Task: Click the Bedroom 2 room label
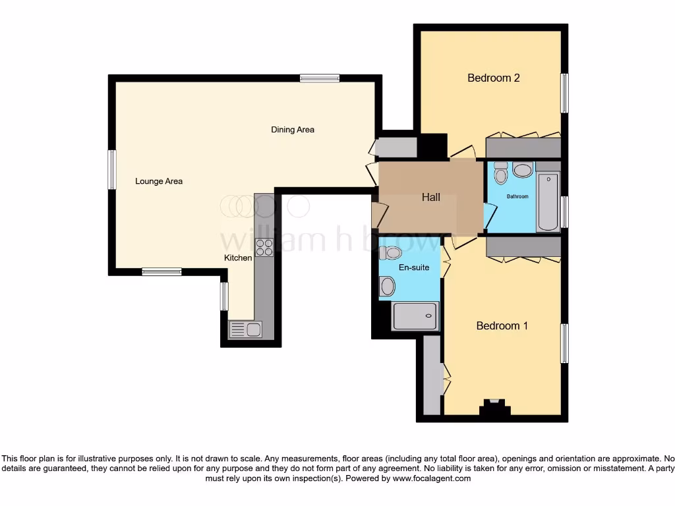[494, 78]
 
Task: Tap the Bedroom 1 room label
[502, 325]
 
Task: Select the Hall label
[431, 197]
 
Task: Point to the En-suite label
[415, 267]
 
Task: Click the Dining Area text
[293, 129]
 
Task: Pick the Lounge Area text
[159, 181]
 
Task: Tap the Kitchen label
[238, 258]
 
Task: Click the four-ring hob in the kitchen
[264, 247]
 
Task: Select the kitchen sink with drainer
[245, 329]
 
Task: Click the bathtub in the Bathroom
[548, 202]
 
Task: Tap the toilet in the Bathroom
[500, 173]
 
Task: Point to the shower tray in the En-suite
[415, 316]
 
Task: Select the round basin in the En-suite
[387, 286]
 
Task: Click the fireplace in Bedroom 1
[494, 408]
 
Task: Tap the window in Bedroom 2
[564, 93]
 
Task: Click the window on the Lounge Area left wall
[112, 170]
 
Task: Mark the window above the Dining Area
[320, 78]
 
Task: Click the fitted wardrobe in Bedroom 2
[523, 148]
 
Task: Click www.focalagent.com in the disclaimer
[431, 478]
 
